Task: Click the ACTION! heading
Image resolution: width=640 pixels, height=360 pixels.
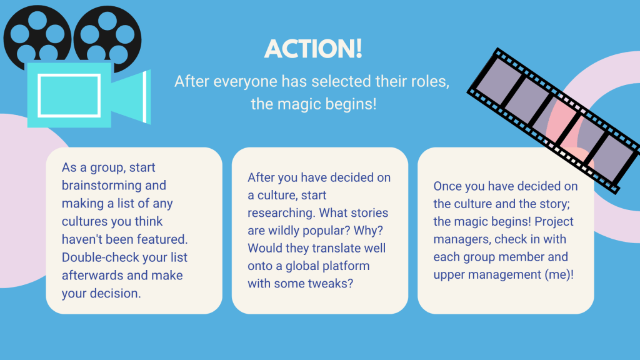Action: tap(313, 49)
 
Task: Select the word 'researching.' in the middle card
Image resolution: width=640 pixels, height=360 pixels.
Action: tap(281, 213)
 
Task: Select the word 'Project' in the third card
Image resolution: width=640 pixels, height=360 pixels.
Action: tap(554, 222)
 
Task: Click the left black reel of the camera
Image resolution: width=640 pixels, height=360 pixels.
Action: tap(37, 37)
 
